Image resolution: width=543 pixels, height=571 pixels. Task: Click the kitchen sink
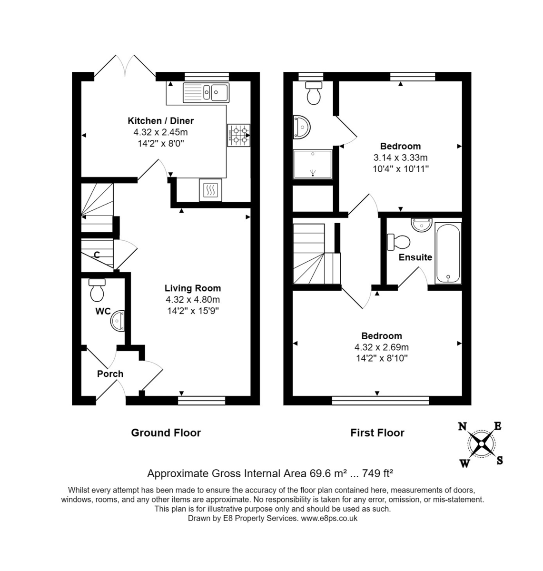pyautogui.click(x=206, y=92)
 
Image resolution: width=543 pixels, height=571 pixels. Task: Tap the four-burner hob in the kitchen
pyautogui.click(x=239, y=135)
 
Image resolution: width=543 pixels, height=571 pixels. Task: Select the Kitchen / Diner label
pyautogui.click(x=160, y=121)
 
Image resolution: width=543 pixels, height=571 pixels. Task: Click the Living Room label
pyautogui.click(x=192, y=288)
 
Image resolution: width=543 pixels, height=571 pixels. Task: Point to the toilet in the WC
pyautogui.click(x=97, y=289)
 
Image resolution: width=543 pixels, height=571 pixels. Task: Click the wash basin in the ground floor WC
pyautogui.click(x=118, y=320)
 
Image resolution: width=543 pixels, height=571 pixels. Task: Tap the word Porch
pyautogui.click(x=110, y=374)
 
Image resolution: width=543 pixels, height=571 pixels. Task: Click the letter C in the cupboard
pyautogui.click(x=97, y=255)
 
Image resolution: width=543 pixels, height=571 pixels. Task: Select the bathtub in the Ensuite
pyautogui.click(x=448, y=253)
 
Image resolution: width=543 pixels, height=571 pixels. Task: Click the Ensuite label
pyautogui.click(x=415, y=257)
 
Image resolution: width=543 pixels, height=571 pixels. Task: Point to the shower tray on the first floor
pyautogui.click(x=313, y=164)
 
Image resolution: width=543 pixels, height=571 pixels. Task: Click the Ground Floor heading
pyautogui.click(x=166, y=433)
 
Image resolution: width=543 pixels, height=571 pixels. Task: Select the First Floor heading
pyautogui.click(x=377, y=433)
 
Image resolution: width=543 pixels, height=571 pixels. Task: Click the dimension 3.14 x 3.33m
pyautogui.click(x=400, y=158)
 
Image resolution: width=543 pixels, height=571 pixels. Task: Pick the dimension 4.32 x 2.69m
pyautogui.click(x=381, y=347)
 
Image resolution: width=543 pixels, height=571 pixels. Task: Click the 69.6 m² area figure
pyautogui.click(x=329, y=473)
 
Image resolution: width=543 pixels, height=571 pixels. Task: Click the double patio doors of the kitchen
pyautogui.click(x=125, y=67)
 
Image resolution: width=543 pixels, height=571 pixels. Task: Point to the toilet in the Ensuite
pyautogui.click(x=399, y=242)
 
